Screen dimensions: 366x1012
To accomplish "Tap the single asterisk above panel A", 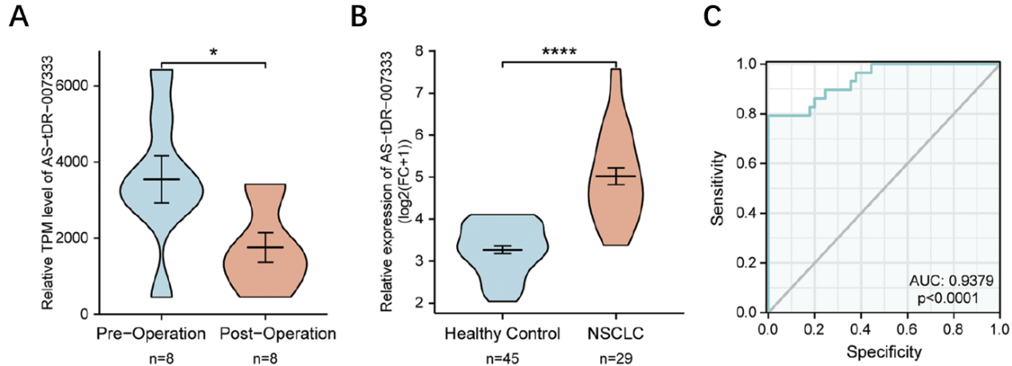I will click(x=213, y=53).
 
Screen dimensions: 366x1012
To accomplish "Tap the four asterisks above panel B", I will click(x=559, y=53).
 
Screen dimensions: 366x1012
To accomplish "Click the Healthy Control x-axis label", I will click(x=502, y=332).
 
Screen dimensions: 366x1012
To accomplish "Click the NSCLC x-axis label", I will click(x=616, y=332).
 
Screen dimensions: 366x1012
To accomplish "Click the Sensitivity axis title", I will click(x=723, y=188).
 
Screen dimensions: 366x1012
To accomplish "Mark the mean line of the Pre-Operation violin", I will click(x=162, y=179).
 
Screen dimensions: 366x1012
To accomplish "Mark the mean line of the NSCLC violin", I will click(x=616, y=176).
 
